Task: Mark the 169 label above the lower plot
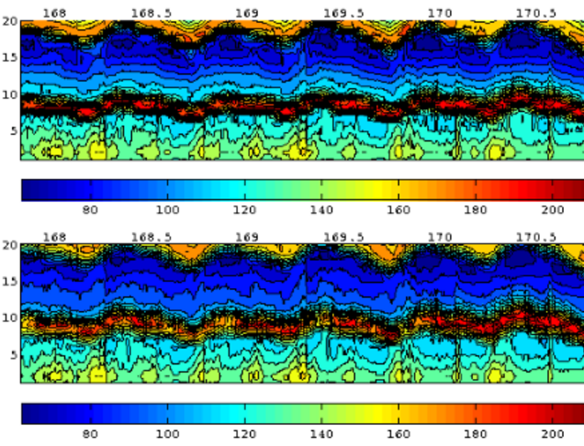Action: (x=246, y=237)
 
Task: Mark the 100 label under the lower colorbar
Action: (x=166, y=434)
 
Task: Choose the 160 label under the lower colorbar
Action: (x=398, y=434)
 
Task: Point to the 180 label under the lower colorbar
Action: (x=475, y=434)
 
